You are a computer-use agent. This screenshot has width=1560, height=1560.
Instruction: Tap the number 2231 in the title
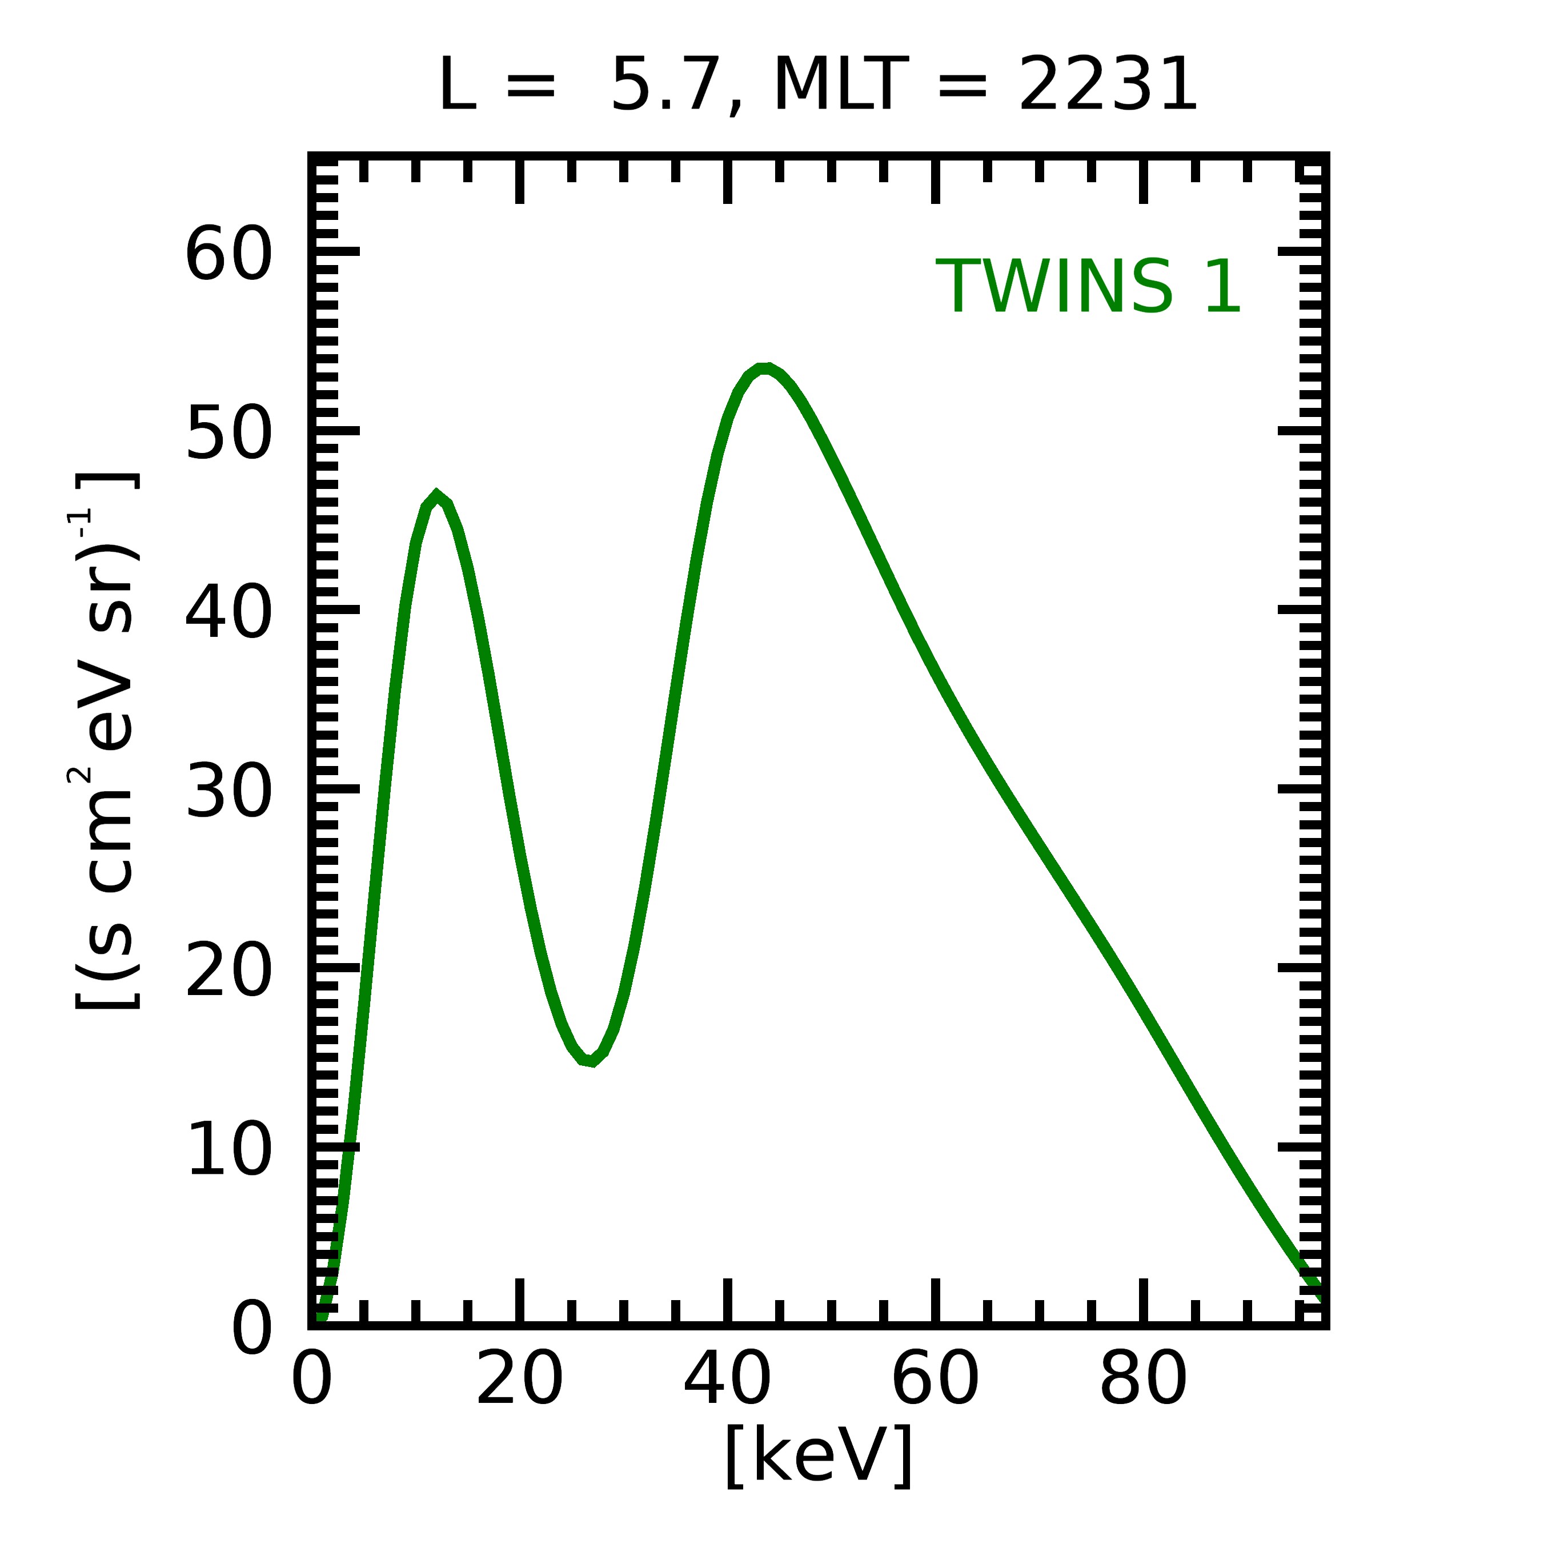click(x=1107, y=86)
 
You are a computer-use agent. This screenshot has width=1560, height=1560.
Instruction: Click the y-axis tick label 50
click(x=229, y=434)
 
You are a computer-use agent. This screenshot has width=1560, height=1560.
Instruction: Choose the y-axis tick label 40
click(x=229, y=613)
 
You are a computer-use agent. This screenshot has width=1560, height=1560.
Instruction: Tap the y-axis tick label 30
click(x=229, y=793)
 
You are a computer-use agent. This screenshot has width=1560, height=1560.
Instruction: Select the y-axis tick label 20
click(x=229, y=972)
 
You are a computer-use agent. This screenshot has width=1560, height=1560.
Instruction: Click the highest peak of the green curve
click(x=763, y=369)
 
